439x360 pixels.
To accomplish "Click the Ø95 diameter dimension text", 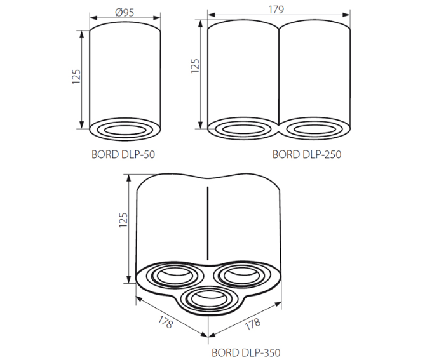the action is tap(125, 12).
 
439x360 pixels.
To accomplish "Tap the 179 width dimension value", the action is tap(276, 10).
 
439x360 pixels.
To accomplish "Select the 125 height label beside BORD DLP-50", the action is tap(76, 76).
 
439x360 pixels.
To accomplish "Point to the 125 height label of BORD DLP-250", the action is tap(195, 66).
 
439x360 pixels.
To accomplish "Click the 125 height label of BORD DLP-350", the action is tap(123, 220).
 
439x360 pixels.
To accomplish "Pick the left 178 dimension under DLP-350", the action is tap(165, 322).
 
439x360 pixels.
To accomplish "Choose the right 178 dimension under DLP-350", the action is tap(253, 324).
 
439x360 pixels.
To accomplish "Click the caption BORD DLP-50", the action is tap(123, 154).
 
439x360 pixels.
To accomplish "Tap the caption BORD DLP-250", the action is tap(307, 154).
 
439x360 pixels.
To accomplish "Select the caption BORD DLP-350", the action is tap(246, 352).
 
